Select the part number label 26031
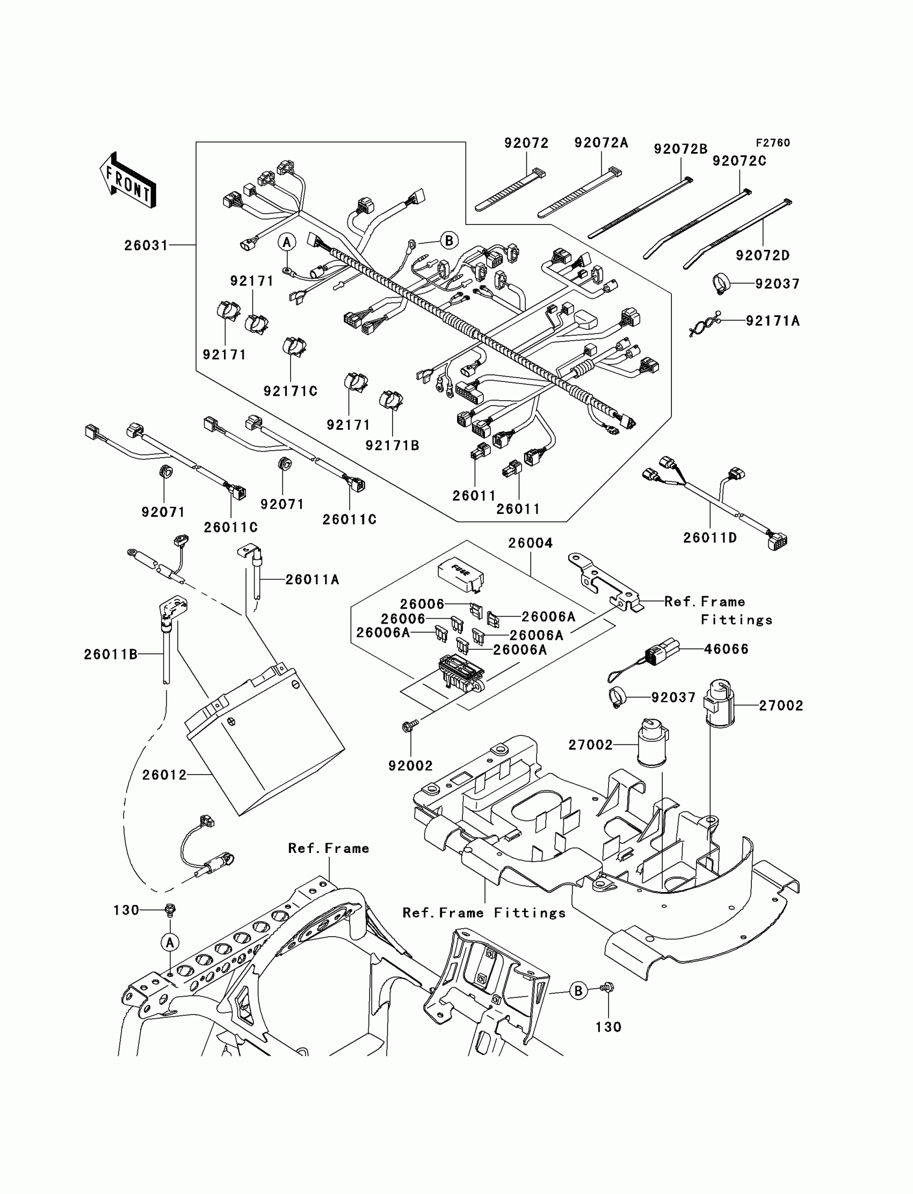pyautogui.click(x=146, y=245)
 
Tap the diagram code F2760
pyautogui.click(x=773, y=143)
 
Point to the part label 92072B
pyautogui.click(x=680, y=149)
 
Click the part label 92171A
pyautogui.click(x=773, y=321)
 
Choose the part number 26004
pyautogui.click(x=531, y=542)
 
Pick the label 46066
pyautogui.click(x=726, y=649)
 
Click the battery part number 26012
pyautogui.click(x=164, y=775)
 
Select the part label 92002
pyautogui.click(x=410, y=766)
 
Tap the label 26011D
pyautogui.click(x=710, y=538)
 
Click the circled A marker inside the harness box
pyautogui.click(x=287, y=242)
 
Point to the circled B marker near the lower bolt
pyautogui.click(x=578, y=991)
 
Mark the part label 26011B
pyautogui.click(x=110, y=655)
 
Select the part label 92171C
pyautogui.click(x=290, y=392)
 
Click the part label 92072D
pyautogui.click(x=763, y=256)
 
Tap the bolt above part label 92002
pyautogui.click(x=410, y=726)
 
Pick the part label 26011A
pyautogui.click(x=312, y=580)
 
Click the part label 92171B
pyautogui.click(x=392, y=446)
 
